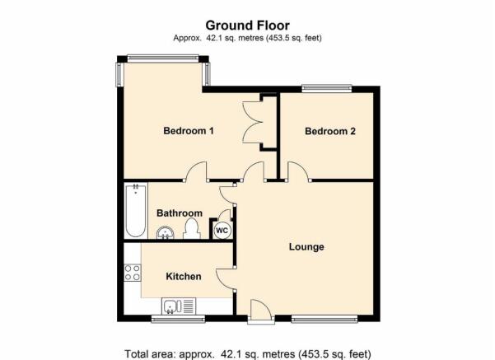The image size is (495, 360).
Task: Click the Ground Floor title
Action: coord(247,26)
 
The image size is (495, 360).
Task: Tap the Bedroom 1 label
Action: coord(189,130)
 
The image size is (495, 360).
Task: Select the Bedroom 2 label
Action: coord(330,131)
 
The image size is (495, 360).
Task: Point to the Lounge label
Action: coord(306,246)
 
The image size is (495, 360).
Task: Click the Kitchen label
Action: coord(184,276)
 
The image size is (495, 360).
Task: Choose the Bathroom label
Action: coord(180,213)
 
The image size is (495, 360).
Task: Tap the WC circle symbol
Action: coord(222,231)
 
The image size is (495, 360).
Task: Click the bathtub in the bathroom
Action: coord(135,211)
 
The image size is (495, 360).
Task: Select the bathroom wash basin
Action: coord(165,233)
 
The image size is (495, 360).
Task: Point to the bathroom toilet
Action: coord(192,229)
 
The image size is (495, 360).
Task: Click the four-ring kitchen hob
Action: coord(133,273)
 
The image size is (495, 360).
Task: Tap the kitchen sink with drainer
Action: coord(179,306)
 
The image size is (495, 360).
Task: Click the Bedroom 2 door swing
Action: coord(298,172)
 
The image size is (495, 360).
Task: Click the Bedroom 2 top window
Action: coord(326,88)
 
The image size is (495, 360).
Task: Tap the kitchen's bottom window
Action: coord(178,319)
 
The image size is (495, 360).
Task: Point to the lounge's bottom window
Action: coord(325,319)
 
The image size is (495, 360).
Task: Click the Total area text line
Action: coord(248,353)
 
